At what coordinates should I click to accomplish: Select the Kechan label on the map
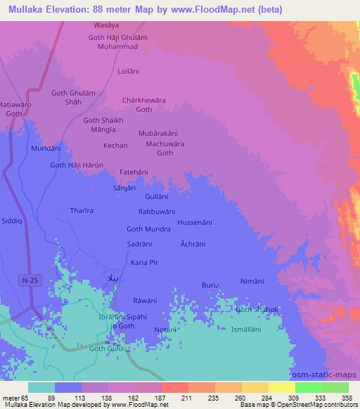pos(116,145)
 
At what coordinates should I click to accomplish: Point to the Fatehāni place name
pos(134,171)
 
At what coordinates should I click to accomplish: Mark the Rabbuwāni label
pos(156,212)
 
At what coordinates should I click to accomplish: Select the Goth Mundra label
pos(148,229)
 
